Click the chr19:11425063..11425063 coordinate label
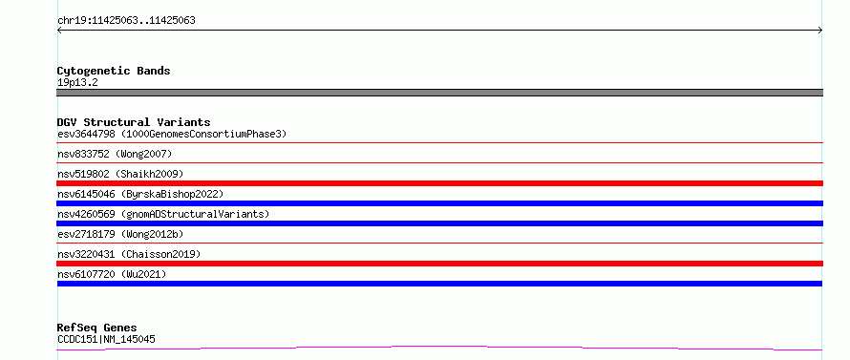pyautogui.click(x=126, y=21)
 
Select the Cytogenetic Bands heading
pyautogui.click(x=114, y=71)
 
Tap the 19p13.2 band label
pyautogui.click(x=77, y=83)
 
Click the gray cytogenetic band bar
pyautogui.click(x=439, y=93)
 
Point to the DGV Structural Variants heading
pyautogui.click(x=134, y=122)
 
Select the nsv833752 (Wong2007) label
pyautogui.click(x=115, y=155)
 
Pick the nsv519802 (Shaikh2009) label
pyautogui.click(x=120, y=174)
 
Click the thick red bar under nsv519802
pyautogui.click(x=439, y=183)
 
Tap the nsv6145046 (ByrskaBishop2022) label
pyautogui.click(x=140, y=194)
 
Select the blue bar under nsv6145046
pyautogui.click(x=439, y=203)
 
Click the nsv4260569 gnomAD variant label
pyautogui.click(x=163, y=214)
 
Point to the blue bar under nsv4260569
pyautogui.click(x=439, y=223)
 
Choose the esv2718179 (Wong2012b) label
pyautogui.click(x=120, y=234)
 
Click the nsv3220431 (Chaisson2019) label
pyautogui.click(x=129, y=254)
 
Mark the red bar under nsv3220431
pyautogui.click(x=439, y=264)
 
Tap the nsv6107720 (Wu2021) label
pyautogui.click(x=112, y=274)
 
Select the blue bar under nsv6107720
pyautogui.click(x=439, y=284)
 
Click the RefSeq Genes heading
pyautogui.click(x=97, y=328)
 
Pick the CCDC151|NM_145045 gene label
pyautogui.click(x=106, y=340)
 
